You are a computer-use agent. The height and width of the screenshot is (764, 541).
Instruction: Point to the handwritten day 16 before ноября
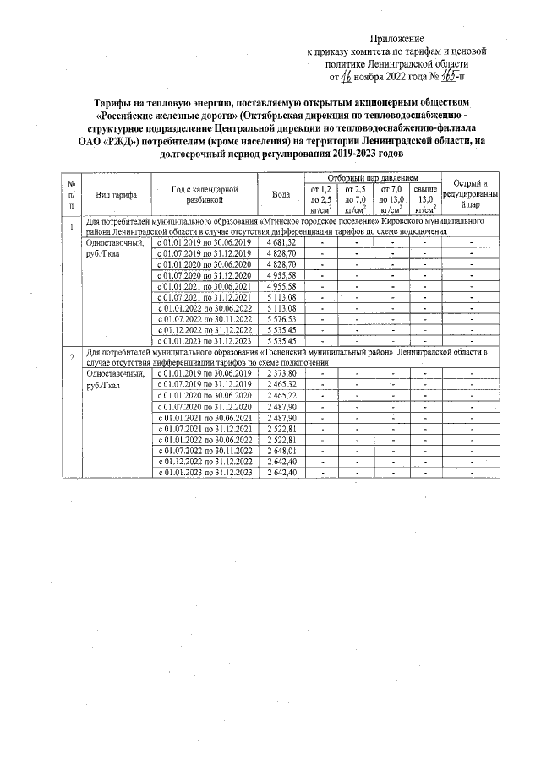[346, 77]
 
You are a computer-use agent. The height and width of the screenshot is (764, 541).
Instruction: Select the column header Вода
[281, 193]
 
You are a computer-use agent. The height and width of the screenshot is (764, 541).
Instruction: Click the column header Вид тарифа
[117, 194]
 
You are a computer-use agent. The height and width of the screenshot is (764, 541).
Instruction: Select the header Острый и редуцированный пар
[471, 193]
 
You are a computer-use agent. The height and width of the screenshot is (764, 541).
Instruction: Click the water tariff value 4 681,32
[281, 242]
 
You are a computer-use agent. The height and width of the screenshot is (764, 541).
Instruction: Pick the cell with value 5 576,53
[281, 319]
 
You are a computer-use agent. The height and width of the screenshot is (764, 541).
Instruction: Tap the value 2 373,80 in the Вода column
[281, 373]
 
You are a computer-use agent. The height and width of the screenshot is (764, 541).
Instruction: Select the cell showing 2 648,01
[281, 450]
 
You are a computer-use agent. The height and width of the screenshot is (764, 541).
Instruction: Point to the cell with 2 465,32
[281, 384]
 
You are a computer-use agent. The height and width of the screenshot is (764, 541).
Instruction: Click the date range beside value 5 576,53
[205, 319]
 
